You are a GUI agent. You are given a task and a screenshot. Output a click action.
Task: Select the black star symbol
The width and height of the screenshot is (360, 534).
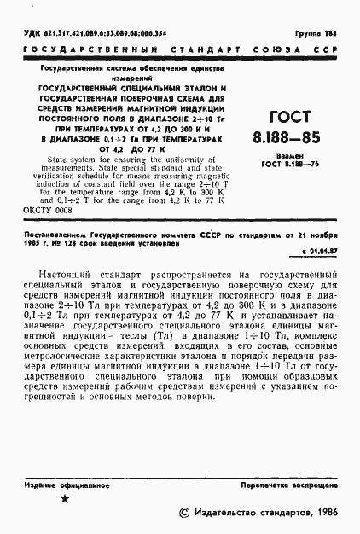point(65,498)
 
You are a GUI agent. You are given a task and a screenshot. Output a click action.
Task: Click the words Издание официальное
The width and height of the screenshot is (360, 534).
point(61,483)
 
